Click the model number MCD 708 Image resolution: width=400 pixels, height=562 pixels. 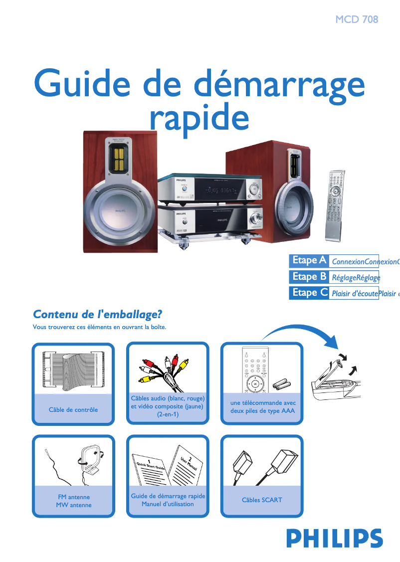pos(357,19)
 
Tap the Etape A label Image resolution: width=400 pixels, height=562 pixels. pos(309,260)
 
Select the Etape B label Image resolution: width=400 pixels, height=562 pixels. pos(309,276)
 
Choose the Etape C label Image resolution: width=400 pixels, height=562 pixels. pos(309,293)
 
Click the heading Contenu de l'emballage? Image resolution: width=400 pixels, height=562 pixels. pos(98,315)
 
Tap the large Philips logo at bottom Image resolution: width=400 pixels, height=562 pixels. pos(334,539)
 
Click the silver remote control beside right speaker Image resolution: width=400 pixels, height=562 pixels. pos(335,204)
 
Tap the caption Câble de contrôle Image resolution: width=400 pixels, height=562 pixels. pos(73,410)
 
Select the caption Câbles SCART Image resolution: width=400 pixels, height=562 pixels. pos(262,500)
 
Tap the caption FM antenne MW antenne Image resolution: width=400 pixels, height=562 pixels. pos(74,501)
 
